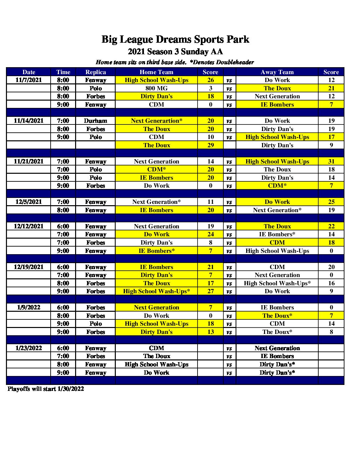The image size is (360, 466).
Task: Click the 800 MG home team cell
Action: click(157, 88)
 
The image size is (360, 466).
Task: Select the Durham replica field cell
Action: click(95, 121)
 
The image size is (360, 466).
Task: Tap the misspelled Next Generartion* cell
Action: click(157, 121)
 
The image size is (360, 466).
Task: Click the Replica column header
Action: click(95, 72)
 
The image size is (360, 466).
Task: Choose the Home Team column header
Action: click(157, 72)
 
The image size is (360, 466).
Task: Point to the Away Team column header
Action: click(277, 72)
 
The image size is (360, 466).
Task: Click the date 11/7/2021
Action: click(28, 80)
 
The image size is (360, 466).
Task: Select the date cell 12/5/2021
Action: click(28, 202)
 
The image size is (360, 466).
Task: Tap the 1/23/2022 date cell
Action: click(28, 348)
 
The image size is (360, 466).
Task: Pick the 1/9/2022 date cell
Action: click(28, 307)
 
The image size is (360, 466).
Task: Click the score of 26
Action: click(210, 80)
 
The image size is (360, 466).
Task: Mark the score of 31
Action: click(331, 162)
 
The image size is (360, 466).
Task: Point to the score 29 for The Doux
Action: click(210, 145)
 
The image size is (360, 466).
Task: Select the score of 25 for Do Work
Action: click(331, 202)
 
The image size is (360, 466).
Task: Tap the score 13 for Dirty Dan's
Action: click(210, 332)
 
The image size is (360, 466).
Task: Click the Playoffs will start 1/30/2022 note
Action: click(46, 389)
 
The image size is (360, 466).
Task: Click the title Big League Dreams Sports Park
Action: click(175, 39)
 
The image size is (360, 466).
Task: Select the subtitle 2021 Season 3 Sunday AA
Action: click(175, 52)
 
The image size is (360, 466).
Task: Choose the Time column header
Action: click(63, 72)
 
